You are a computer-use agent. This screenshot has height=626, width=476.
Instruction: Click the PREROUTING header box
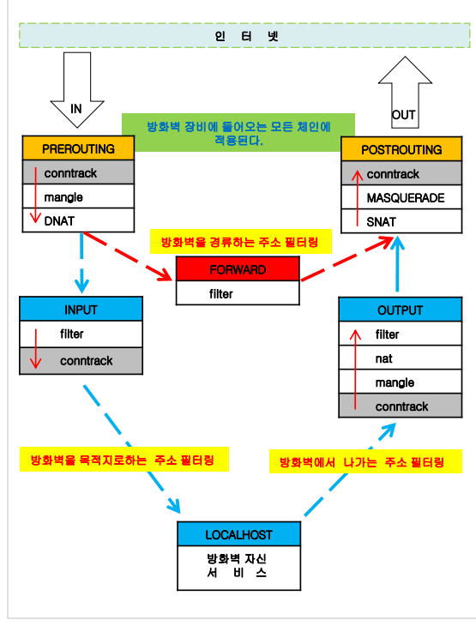pos(78,148)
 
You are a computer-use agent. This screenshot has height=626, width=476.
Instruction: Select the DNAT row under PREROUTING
pos(78,220)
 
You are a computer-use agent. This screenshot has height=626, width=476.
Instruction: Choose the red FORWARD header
pos(238,269)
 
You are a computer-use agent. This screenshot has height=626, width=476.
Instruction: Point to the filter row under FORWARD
pos(238,293)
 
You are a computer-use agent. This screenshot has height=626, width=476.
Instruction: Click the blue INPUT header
pos(81,310)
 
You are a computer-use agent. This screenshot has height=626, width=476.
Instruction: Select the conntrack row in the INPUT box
pos(81,361)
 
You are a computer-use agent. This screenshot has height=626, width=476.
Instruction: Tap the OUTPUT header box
pos(400,310)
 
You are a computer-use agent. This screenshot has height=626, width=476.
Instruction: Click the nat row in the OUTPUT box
pos(400,358)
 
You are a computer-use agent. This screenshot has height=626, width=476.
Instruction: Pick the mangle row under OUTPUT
pos(400,382)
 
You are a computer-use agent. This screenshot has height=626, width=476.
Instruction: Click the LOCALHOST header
pos(238,534)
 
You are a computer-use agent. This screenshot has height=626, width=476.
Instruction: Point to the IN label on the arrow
pos(76,109)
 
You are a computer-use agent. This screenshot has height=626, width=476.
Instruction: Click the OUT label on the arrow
pos(403,114)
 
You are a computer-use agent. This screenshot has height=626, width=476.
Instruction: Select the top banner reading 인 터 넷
pos(244,35)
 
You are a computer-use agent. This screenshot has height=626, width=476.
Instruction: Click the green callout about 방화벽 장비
pos(238,133)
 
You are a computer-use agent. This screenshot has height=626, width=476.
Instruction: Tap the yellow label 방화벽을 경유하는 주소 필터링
pos(240,243)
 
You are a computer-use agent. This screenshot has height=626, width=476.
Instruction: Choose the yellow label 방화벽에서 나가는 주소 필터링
pos(365,462)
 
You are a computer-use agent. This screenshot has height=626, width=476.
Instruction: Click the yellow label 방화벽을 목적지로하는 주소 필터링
pos(124,459)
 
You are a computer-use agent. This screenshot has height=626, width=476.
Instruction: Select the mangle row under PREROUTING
pos(78,197)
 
